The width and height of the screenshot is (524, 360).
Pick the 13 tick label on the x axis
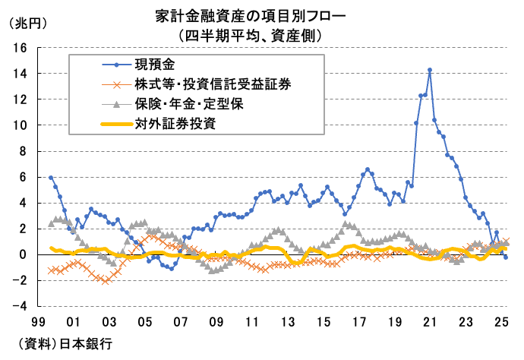pos(287,322)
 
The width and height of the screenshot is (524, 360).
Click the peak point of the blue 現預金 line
pos(430,70)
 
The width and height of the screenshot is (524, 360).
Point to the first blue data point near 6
pos(51,178)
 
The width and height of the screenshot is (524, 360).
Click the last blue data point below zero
pos(507,257)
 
